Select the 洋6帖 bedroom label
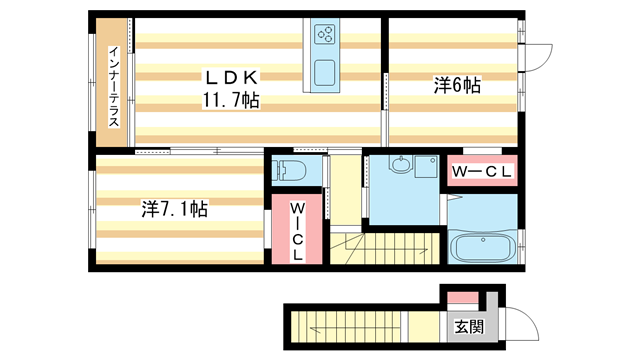pyautogui.click(x=456, y=87)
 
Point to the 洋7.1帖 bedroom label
pyautogui.click(x=174, y=210)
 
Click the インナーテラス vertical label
pyautogui.click(x=114, y=86)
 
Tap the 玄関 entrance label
pyautogui.click(x=467, y=326)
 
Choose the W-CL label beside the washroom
pyautogui.click(x=482, y=173)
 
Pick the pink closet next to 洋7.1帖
pyautogui.click(x=297, y=230)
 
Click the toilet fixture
pyautogui.click(x=292, y=170)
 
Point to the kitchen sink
pyautogui.click(x=326, y=73)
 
